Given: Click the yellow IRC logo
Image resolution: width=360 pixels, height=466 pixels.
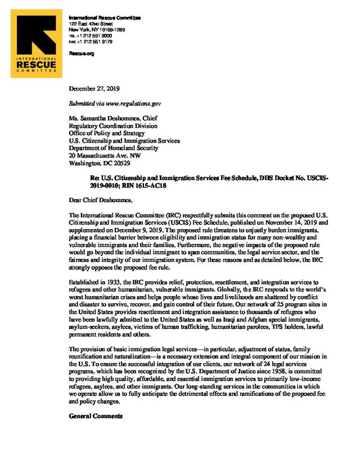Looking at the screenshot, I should tap(37, 47).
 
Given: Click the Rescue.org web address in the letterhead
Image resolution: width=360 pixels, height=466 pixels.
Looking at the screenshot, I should tap(78, 53).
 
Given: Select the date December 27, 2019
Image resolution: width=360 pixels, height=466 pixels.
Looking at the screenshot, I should tap(94, 89).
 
